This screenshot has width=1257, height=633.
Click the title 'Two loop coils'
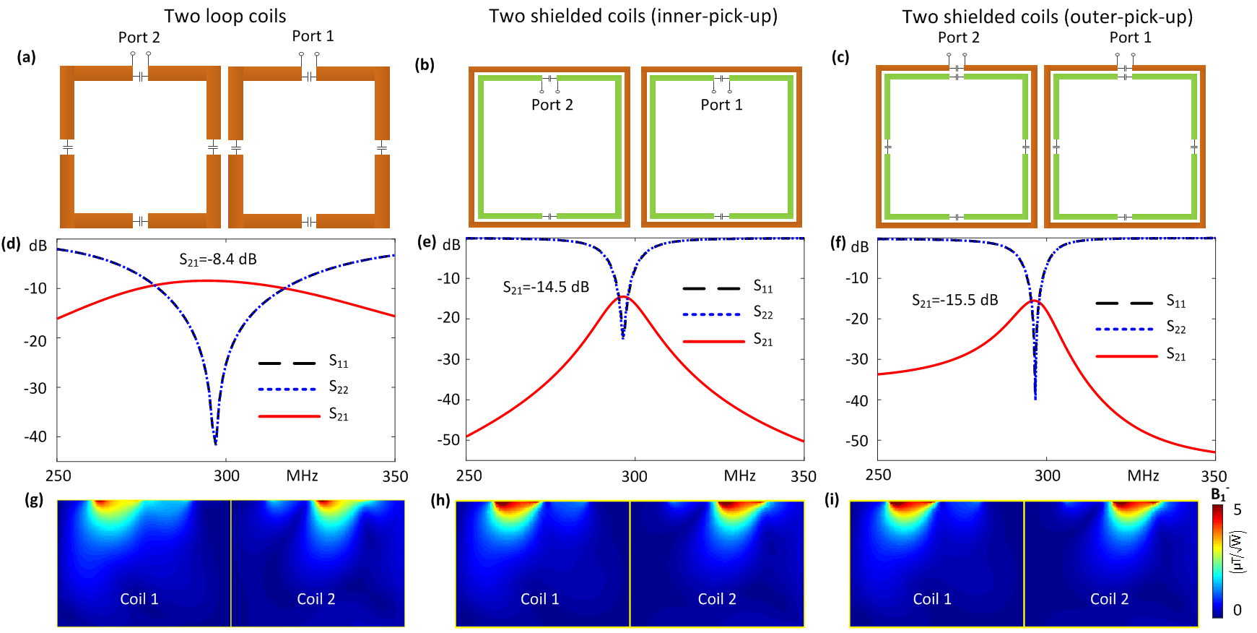pos(225,16)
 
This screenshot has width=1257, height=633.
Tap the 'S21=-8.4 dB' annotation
pos(217,259)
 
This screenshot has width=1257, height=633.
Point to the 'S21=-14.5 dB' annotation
pos(545,288)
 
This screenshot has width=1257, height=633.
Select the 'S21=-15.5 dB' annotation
pos(954,301)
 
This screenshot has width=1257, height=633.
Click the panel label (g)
pos(34,499)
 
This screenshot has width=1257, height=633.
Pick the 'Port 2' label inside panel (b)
pos(552,105)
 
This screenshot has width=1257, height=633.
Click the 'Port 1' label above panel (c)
pos(1130,38)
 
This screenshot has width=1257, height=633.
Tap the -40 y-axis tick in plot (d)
pos(35,436)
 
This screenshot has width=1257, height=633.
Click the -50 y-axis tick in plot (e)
pos(448,439)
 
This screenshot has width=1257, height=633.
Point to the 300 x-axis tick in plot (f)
pos(1047,475)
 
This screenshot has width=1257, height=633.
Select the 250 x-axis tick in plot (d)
pos(58,476)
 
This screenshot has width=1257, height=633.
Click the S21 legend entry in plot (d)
pos(338,415)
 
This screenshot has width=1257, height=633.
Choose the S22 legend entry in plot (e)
pos(762,313)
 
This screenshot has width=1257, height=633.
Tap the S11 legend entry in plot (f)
pos(1175,302)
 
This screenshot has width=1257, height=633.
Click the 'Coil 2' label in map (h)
pos(717,599)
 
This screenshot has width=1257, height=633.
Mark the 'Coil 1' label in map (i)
pos(932,599)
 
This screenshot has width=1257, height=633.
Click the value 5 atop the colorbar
pos(1237,509)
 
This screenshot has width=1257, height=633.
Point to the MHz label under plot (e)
pos(739,476)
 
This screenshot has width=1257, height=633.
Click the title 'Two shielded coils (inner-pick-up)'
pos(632,16)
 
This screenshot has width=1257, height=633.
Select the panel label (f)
pos(838,243)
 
